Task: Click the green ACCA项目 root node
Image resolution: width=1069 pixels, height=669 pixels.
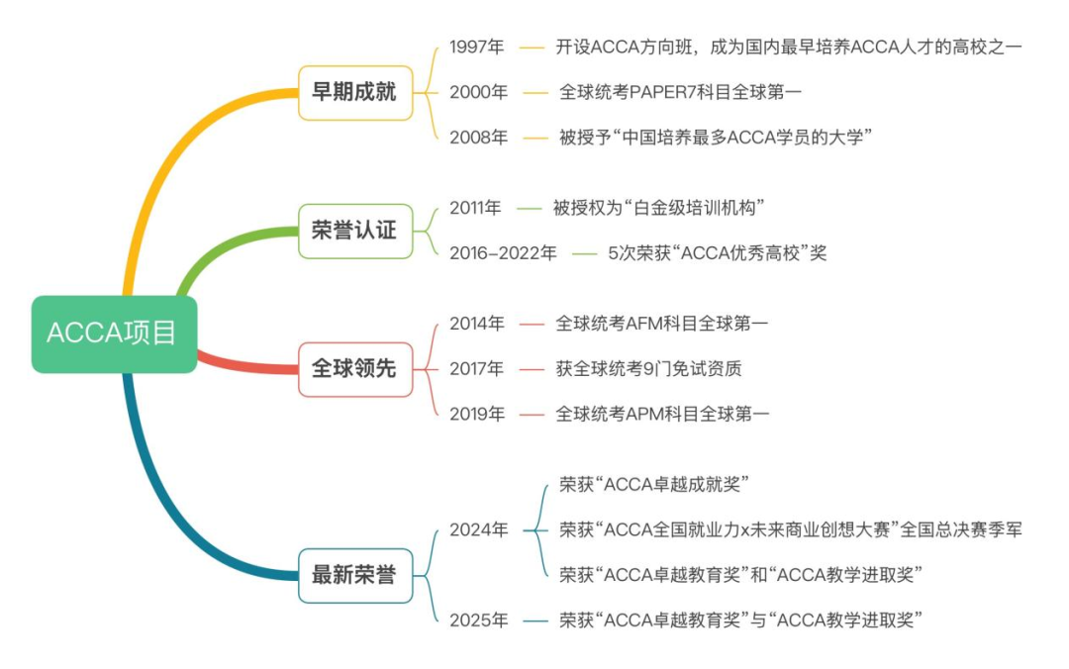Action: [x=114, y=334]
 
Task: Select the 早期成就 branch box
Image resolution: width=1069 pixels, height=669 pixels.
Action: [x=355, y=93]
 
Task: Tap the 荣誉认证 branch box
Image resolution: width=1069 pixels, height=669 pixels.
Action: [x=355, y=232]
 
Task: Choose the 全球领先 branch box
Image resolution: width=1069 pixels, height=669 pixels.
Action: [x=355, y=369]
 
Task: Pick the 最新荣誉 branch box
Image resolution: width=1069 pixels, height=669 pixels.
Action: [x=355, y=576]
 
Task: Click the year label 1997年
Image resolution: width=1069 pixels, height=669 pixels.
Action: [x=476, y=48]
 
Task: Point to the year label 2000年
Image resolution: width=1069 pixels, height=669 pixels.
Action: [x=478, y=92]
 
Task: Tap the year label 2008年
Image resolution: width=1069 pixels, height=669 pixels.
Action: [x=478, y=138]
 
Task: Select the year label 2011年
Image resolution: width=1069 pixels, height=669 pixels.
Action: [x=475, y=208]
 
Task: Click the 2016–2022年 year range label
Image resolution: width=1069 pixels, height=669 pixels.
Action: [x=503, y=253]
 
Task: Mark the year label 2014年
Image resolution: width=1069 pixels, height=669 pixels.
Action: [x=476, y=324]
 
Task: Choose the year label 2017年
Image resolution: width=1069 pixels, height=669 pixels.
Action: [x=476, y=369]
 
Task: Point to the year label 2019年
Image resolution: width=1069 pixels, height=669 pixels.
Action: [x=476, y=414]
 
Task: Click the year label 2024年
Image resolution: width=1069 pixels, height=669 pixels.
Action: [x=478, y=529]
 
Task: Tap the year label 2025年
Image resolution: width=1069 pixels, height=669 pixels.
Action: [x=478, y=621]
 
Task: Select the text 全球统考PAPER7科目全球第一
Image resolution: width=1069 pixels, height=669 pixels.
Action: [x=680, y=92]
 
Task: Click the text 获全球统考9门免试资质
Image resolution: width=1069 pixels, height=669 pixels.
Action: [x=648, y=369]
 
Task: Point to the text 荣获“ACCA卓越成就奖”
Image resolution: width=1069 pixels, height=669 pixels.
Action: [x=654, y=485]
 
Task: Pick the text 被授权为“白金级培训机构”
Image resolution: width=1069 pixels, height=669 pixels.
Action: [x=658, y=208]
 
